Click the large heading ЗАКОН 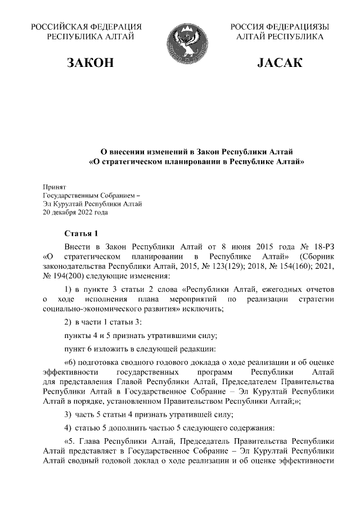click(90, 63)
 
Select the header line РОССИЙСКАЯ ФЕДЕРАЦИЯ click(86, 26)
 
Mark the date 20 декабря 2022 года click(75, 213)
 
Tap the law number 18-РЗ click(323, 247)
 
